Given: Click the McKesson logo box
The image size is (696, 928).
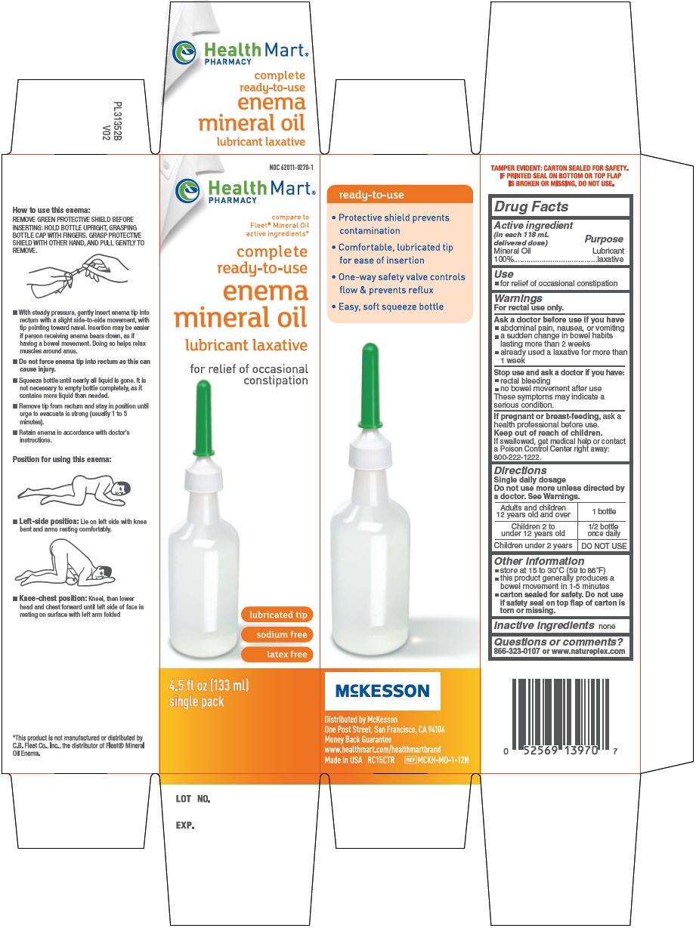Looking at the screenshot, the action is click(382, 690).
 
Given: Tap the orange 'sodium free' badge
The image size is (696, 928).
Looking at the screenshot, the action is click(277, 634).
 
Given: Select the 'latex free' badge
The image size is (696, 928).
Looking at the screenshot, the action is click(277, 654).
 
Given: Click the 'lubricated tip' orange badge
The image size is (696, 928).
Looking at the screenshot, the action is click(277, 615).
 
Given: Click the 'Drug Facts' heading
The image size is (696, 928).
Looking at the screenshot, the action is click(531, 206).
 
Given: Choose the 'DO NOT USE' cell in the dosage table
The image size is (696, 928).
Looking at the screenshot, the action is click(604, 546).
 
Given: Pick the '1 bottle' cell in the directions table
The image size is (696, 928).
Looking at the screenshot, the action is click(604, 511).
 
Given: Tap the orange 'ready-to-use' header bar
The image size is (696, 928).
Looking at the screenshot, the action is click(400, 195).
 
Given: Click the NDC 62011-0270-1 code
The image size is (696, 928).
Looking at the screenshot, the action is click(291, 168).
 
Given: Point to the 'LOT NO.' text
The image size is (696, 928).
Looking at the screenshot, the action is click(193, 799).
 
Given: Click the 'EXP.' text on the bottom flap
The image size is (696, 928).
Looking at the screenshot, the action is click(185, 825).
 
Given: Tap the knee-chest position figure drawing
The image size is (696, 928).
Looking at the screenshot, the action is click(65, 563).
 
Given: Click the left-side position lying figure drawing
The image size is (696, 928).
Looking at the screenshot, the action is click(74, 489).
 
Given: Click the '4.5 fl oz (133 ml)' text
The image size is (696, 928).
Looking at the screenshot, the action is click(209, 685).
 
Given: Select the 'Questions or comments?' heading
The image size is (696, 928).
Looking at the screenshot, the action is click(558, 642).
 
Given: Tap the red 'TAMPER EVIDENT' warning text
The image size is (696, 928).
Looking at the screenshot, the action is click(560, 175).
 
